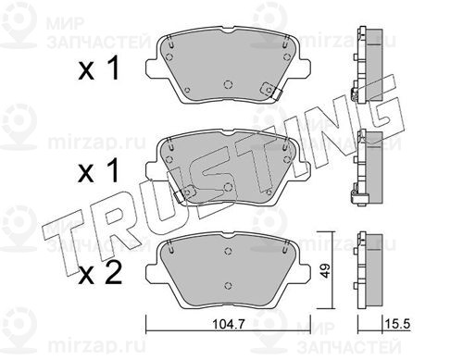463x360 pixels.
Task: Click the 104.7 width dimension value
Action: (228, 324)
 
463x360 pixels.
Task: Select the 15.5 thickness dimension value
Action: (396, 324)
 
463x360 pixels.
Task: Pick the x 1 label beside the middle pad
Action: (99, 170)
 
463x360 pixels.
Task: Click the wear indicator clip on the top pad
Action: (270, 91)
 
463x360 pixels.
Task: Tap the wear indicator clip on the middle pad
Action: (184, 194)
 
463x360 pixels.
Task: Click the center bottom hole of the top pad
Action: (228, 84)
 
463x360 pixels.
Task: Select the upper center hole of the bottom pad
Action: (228, 251)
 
